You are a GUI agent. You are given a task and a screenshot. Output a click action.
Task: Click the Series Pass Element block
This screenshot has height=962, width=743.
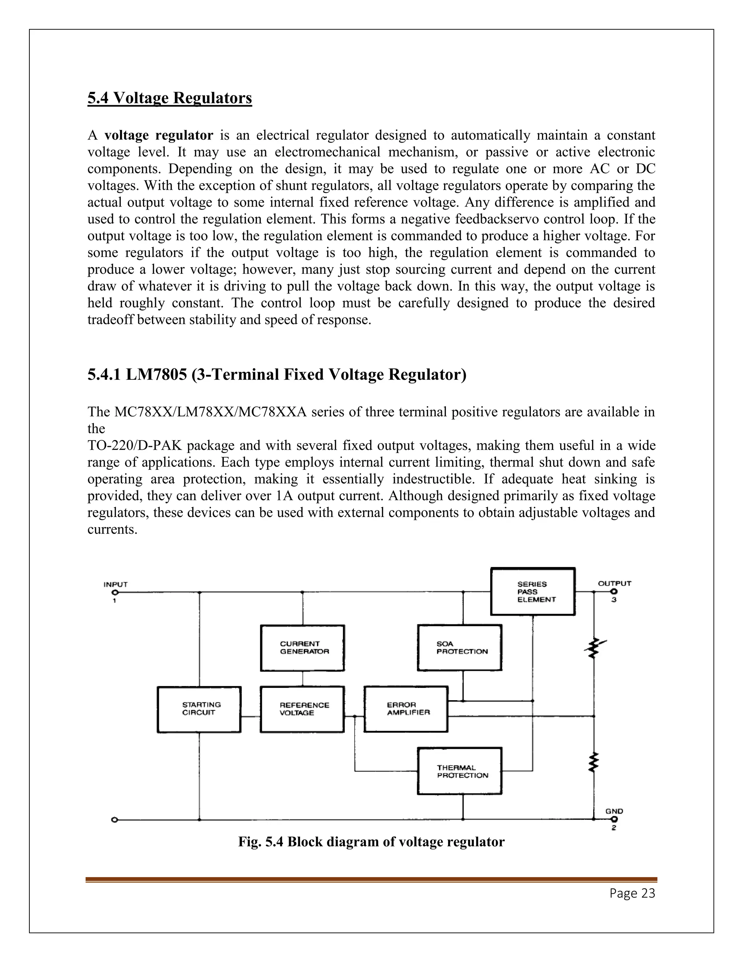(533, 592)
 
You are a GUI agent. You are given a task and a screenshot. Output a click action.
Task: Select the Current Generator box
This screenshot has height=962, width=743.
(303, 648)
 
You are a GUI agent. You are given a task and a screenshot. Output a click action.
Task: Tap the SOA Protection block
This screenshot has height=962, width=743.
(460, 648)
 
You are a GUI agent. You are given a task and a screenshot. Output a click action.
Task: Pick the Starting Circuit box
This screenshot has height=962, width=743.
(199, 709)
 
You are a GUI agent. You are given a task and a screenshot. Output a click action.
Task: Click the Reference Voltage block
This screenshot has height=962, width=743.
(303, 709)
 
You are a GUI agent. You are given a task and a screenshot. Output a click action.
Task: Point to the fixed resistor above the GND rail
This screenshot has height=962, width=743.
(594, 762)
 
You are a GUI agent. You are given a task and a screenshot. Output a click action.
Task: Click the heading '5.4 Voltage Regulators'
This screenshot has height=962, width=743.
(169, 98)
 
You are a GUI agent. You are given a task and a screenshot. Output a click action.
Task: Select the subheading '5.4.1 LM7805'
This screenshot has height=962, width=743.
(276, 374)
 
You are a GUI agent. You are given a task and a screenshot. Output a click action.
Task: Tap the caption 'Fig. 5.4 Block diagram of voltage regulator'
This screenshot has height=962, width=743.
(371, 842)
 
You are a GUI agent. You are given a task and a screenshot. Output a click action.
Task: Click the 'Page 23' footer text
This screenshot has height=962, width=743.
(632, 893)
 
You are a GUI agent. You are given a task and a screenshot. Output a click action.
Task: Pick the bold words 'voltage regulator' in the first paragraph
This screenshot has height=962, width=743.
(159, 135)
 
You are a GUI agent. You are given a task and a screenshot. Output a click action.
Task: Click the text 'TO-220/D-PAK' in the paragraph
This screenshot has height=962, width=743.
(134, 445)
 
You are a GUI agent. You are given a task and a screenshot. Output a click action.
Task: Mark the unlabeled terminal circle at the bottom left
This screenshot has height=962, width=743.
(114, 820)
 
